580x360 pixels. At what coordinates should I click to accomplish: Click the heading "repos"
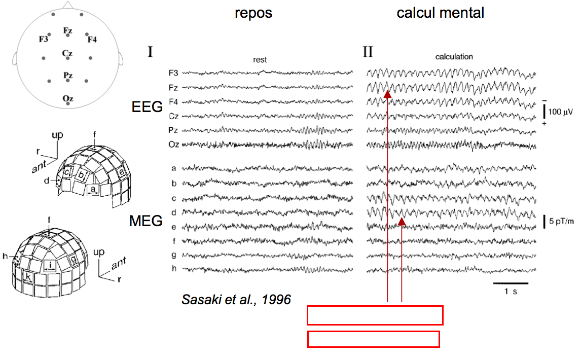tap(253, 13)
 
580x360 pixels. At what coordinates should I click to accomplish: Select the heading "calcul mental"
tap(440, 13)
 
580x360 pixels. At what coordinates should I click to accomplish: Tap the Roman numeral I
tap(150, 52)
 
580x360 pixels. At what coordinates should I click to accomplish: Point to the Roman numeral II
tap(368, 52)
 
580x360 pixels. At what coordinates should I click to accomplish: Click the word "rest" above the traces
tap(260, 60)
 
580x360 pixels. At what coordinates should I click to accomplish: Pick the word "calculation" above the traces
tap(454, 57)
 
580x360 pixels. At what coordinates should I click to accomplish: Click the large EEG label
tap(147, 106)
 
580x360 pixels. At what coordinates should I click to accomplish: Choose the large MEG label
tap(146, 221)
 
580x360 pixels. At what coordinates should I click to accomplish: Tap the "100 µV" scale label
tap(562, 111)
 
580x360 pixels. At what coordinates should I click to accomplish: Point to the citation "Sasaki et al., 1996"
tap(236, 300)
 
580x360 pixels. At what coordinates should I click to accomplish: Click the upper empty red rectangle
tap(375, 315)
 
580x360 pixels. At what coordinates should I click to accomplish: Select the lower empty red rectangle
tap(373, 339)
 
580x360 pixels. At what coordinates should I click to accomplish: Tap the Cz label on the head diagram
tap(67, 53)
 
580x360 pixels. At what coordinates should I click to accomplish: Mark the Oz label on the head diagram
tap(67, 98)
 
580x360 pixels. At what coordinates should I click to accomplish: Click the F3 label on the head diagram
tap(44, 39)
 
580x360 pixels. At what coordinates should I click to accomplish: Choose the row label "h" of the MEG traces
tap(174, 269)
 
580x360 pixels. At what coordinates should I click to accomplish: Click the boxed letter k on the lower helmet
tap(28, 278)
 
